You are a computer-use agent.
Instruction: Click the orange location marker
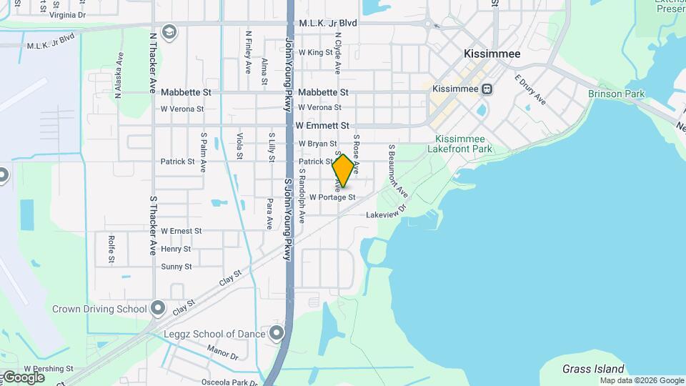coord(344,170)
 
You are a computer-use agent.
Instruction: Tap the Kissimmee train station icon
coord(487,89)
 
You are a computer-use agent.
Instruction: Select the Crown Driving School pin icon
coord(159,310)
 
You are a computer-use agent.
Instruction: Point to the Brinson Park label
coord(616,94)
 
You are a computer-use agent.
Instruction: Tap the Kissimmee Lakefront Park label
coord(460,144)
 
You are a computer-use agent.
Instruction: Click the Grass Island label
coord(593,369)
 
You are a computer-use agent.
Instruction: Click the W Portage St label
coord(332,197)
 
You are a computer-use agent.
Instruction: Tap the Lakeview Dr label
coord(386,214)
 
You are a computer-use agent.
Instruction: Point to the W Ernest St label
coord(182,231)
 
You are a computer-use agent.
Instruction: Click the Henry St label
coord(176,249)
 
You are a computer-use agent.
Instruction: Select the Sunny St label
coord(177,267)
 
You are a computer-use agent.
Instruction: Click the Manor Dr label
coord(222,353)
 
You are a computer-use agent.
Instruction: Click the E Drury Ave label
coord(530,90)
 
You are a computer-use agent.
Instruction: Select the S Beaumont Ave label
coord(397,172)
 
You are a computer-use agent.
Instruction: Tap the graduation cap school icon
coord(169,32)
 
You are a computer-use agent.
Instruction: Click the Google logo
coord(23,377)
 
